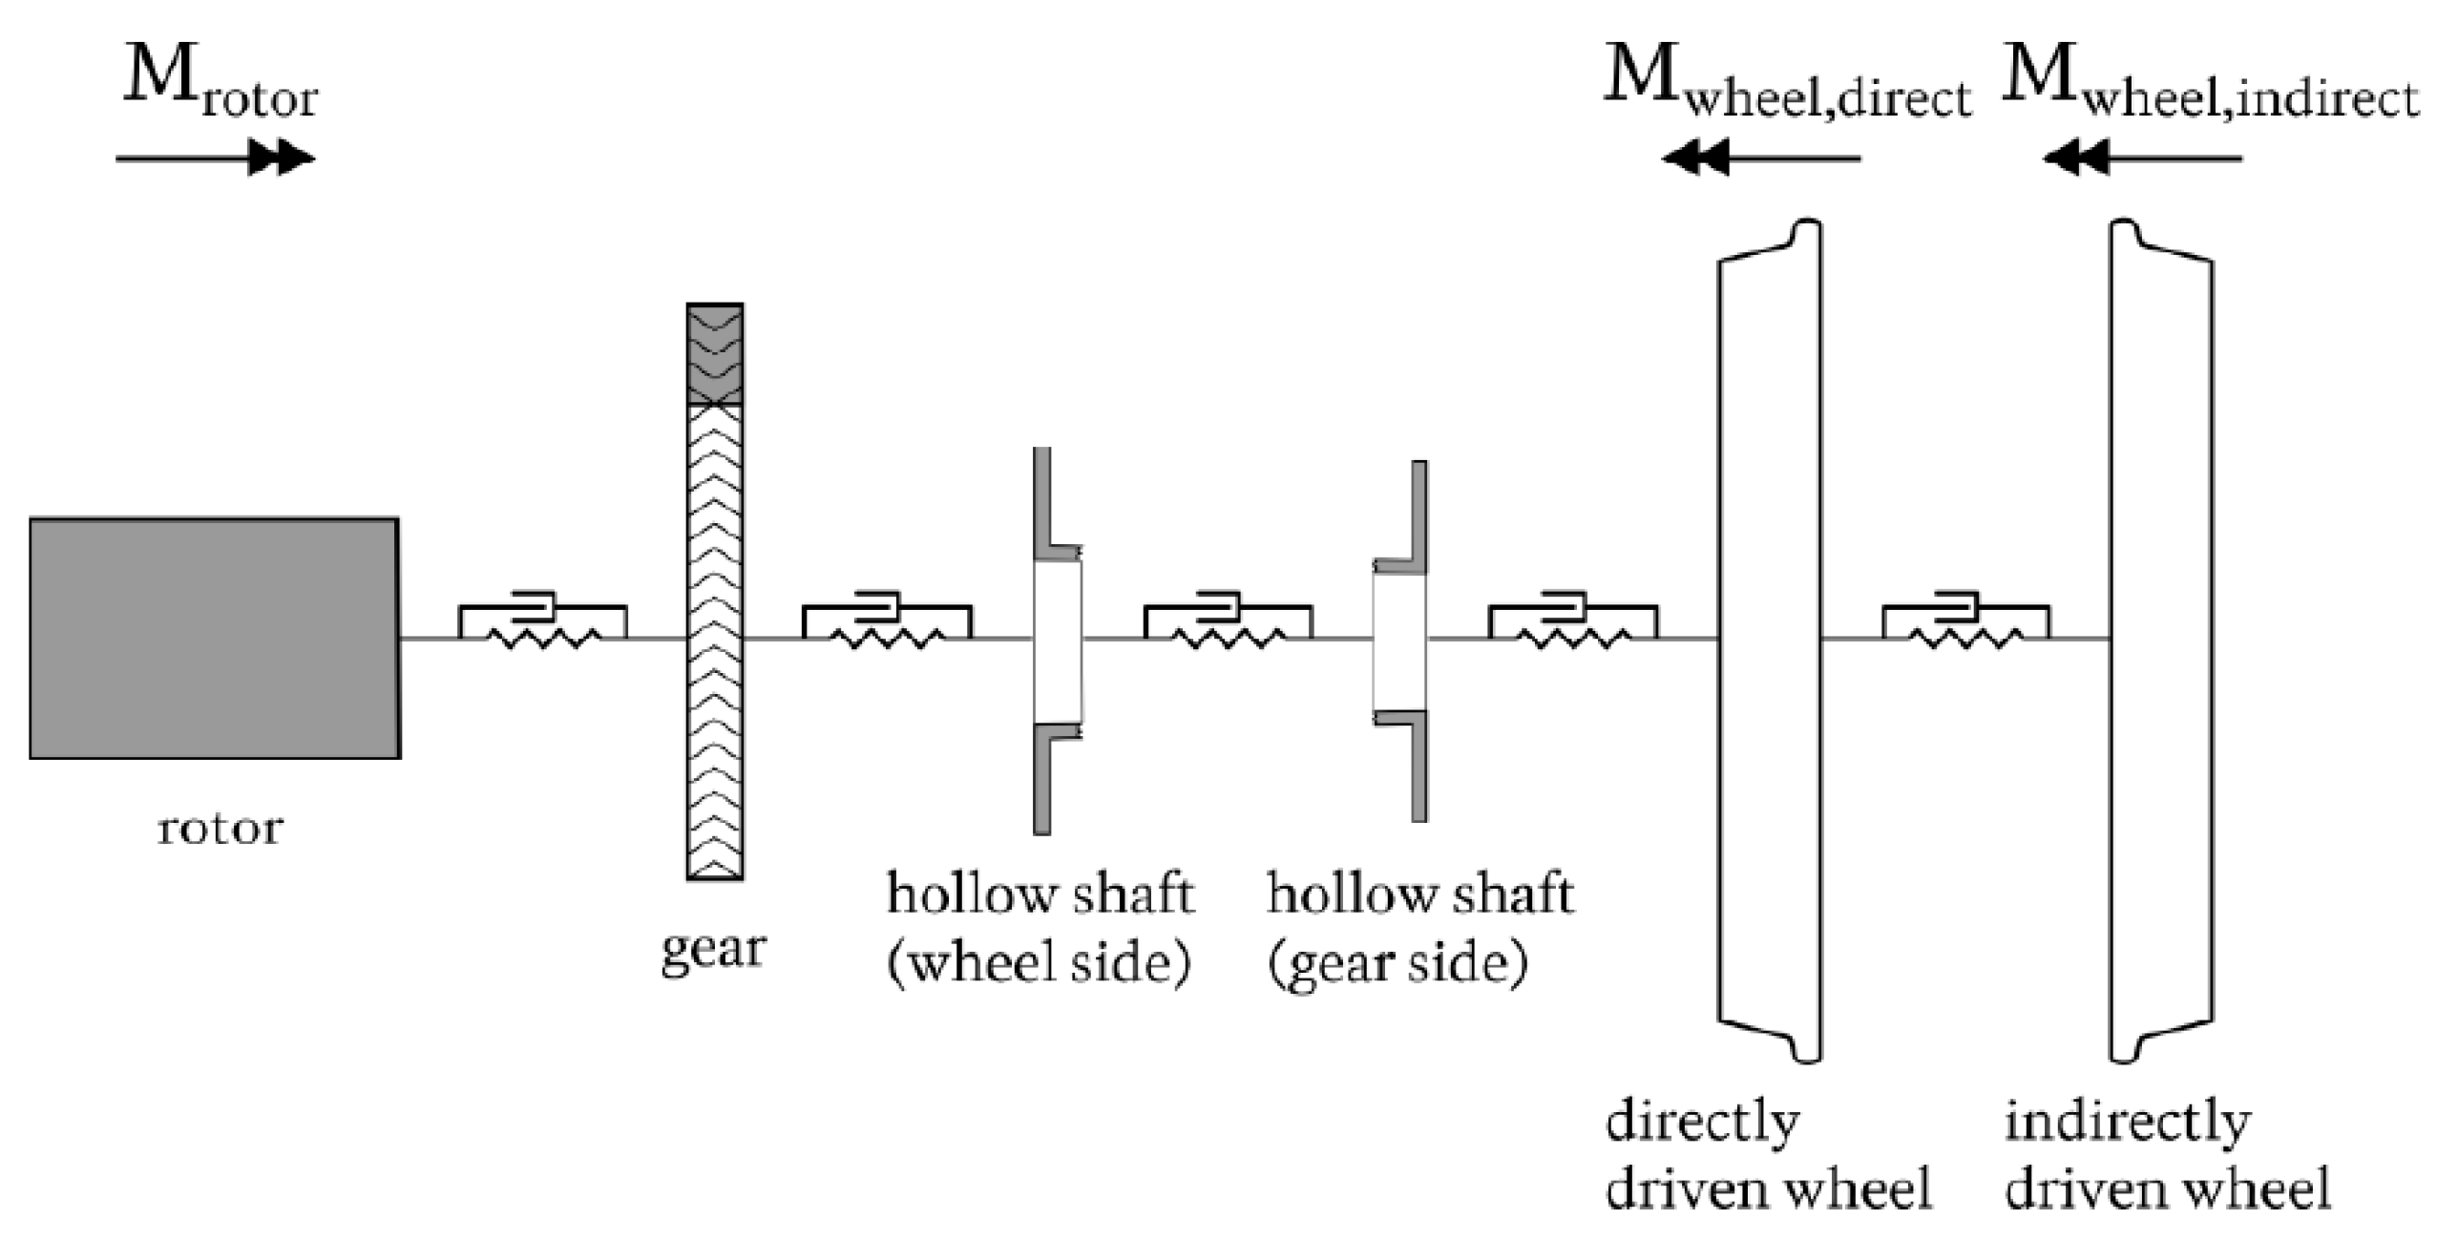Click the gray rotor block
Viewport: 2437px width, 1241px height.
pos(215,638)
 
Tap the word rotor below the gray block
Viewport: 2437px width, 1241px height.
pos(220,829)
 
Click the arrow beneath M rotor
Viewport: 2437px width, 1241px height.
pos(215,158)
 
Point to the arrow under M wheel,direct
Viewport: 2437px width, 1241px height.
pos(1761,158)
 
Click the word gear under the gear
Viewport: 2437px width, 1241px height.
pos(714,950)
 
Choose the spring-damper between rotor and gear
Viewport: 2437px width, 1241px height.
pos(542,622)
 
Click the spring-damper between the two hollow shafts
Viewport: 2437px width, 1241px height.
pos(1228,622)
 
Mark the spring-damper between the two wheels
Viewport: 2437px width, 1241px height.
pos(1965,622)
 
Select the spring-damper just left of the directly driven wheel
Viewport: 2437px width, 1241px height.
pos(1572,622)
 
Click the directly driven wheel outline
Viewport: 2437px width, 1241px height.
pos(1770,640)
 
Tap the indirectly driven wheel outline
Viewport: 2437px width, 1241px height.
pos(2161,640)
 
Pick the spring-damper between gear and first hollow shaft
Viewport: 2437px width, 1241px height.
pos(887,622)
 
